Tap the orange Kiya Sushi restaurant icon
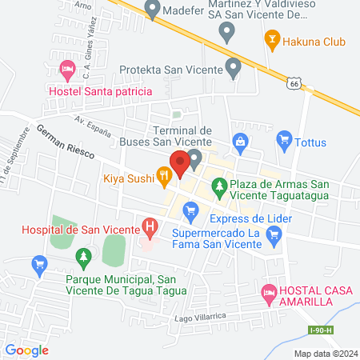pos(164,173)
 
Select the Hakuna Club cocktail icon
pos(272,38)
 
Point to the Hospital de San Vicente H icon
pos(149,229)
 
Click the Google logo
pos(26,350)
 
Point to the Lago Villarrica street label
pos(198,318)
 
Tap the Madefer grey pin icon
pos(153,9)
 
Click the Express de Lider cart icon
pos(190,211)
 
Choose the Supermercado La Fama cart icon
pos(275,234)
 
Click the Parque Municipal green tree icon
pos(82,258)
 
